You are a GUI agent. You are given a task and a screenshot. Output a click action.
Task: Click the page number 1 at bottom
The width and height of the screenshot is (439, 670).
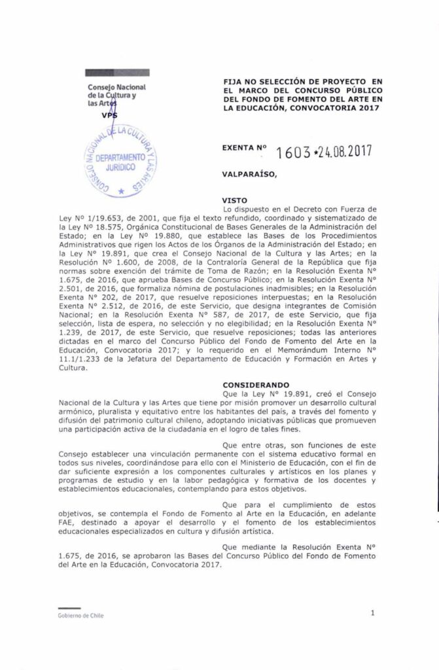point(372,613)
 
